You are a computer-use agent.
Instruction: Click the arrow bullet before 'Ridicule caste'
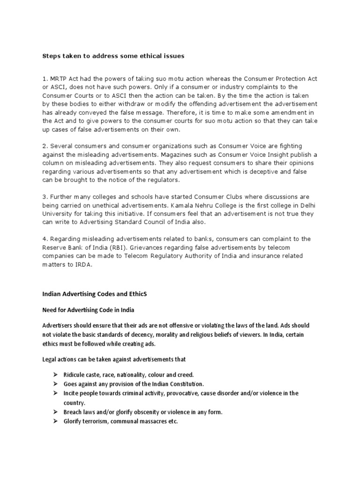pyautogui.click(x=54, y=375)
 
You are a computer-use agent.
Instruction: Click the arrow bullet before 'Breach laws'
pyautogui.click(x=54, y=412)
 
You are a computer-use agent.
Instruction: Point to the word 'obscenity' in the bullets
pyautogui.click(x=150, y=412)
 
